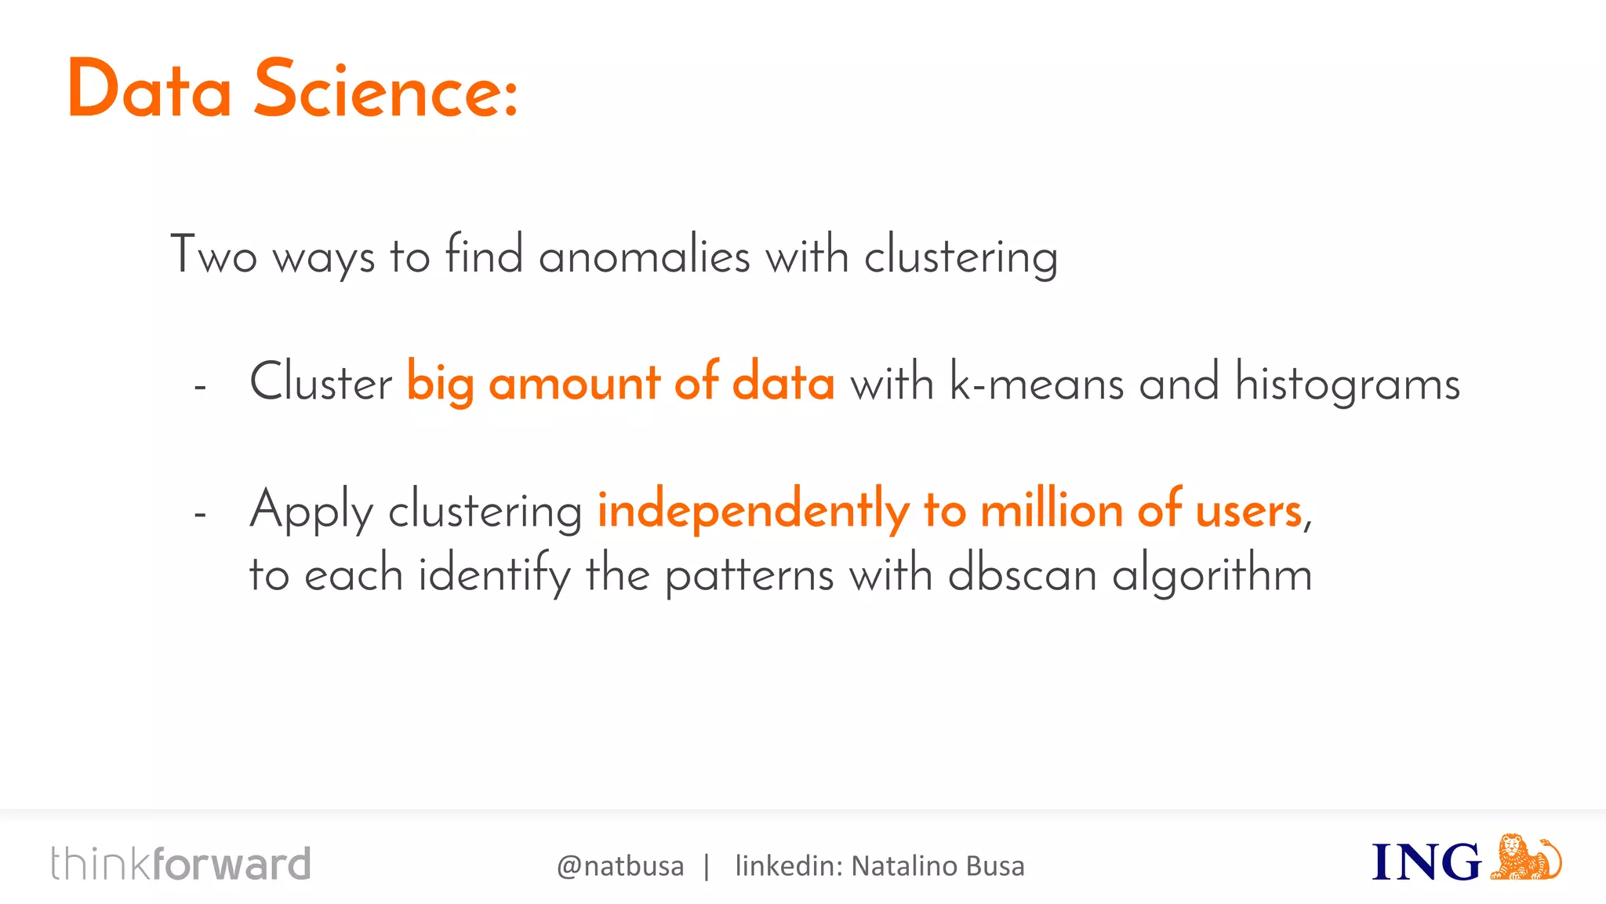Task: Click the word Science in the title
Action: pyautogui.click(x=385, y=90)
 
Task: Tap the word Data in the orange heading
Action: pyautogui.click(x=149, y=90)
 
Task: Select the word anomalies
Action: pyautogui.click(x=644, y=256)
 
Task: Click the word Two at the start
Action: pyautogui.click(x=213, y=254)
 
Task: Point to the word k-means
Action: pyautogui.click(x=1037, y=383)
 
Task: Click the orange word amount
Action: pyautogui.click(x=574, y=383)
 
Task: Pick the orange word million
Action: pyautogui.click(x=1052, y=510)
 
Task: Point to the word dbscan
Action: pyautogui.click(x=1022, y=574)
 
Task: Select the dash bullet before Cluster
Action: pyautogui.click(x=200, y=387)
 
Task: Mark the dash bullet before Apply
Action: pyautogui.click(x=200, y=514)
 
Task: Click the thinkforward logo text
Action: pyautogui.click(x=181, y=864)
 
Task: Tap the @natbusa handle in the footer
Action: pyautogui.click(x=620, y=866)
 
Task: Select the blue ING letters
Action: pyautogui.click(x=1426, y=862)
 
